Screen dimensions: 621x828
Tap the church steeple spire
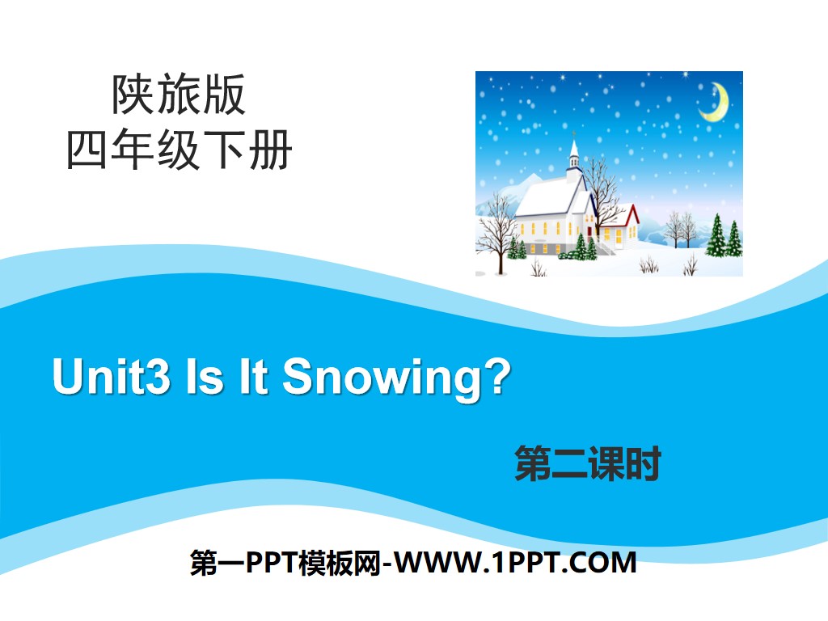[x=574, y=149]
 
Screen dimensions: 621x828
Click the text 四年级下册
[x=180, y=150]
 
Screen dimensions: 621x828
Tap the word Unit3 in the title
[x=111, y=377]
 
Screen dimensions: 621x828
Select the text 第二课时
[x=588, y=465]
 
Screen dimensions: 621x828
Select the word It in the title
[x=252, y=377]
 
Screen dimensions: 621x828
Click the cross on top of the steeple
[x=574, y=133]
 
